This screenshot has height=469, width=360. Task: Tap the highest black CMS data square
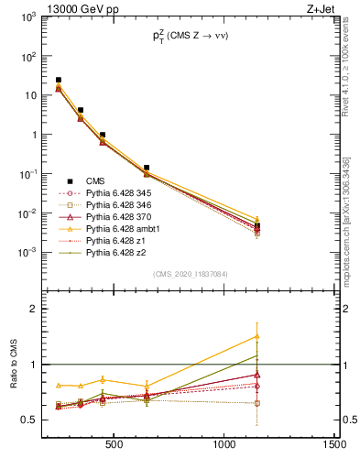(x=59, y=81)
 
